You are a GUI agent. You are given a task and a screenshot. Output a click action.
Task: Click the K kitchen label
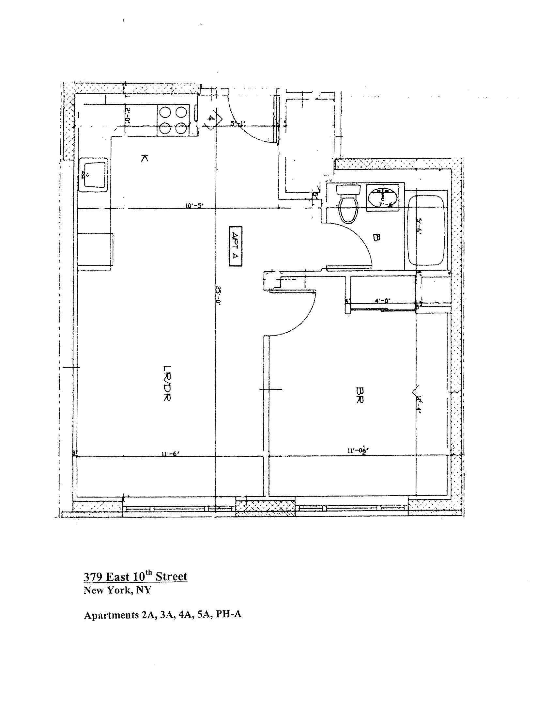(144, 159)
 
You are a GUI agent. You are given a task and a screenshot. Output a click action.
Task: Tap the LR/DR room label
(166, 383)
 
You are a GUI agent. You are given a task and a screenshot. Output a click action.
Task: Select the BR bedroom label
(360, 395)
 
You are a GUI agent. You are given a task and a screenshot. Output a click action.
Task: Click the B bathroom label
(376, 238)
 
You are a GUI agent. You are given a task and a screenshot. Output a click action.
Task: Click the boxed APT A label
(235, 246)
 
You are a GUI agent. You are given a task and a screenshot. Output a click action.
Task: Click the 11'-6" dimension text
(171, 453)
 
